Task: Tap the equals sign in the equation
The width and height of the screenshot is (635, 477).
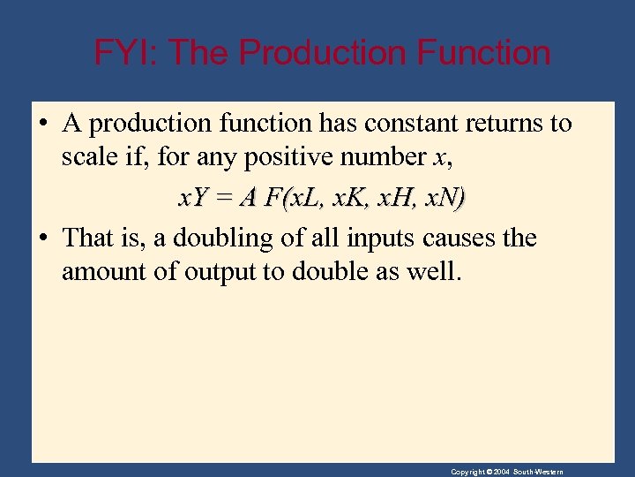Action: coord(223,199)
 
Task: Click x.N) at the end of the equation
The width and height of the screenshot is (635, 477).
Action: coord(445,199)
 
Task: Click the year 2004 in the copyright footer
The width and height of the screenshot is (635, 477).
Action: coord(501,472)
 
